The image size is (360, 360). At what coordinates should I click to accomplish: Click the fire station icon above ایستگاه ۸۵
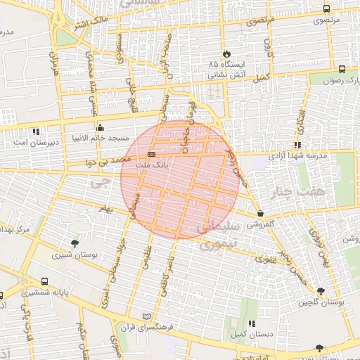[226, 53]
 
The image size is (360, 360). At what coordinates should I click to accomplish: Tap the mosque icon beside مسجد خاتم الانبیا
[100, 128]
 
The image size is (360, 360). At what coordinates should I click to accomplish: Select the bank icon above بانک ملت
[151, 153]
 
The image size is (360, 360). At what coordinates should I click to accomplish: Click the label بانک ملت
[151, 163]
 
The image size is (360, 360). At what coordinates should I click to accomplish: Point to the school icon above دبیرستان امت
[36, 131]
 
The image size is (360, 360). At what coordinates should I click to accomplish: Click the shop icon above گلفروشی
[261, 213]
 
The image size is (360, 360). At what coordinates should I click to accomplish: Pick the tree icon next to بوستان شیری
[75, 243]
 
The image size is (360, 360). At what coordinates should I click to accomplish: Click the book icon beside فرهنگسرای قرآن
[146, 316]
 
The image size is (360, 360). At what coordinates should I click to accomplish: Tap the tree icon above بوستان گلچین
[321, 291]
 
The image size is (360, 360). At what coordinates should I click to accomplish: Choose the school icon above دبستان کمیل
[251, 324]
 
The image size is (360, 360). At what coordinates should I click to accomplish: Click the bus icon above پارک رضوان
[342, 69]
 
